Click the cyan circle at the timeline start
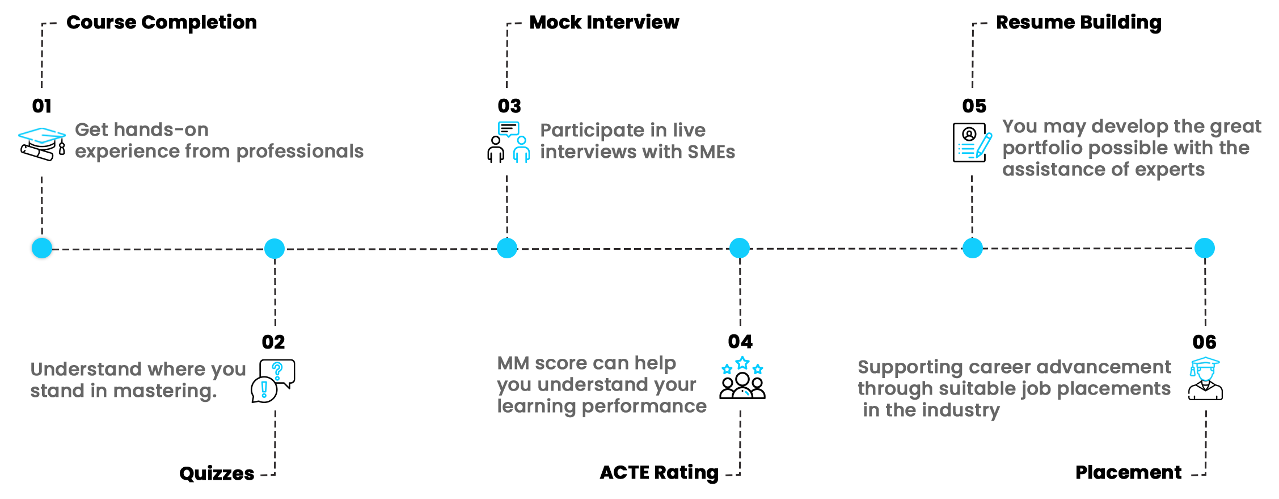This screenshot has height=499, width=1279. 42,248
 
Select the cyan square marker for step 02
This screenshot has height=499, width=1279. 275,249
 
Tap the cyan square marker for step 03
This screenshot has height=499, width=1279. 507,248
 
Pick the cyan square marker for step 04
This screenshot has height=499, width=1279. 740,248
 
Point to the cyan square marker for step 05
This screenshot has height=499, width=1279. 973,248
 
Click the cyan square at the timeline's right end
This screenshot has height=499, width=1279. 1205,248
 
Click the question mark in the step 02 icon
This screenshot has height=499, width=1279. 277,371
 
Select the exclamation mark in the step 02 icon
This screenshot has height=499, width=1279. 264,389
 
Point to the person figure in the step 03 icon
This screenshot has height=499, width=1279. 521,149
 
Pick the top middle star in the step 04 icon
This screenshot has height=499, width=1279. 742,363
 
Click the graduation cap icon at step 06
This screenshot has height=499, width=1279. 1205,370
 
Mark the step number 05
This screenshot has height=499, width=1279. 974,106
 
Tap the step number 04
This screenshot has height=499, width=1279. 740,342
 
